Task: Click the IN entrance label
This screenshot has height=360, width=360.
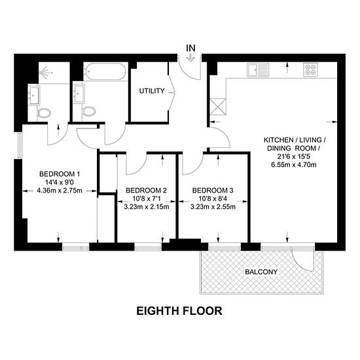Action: [x=190, y=48]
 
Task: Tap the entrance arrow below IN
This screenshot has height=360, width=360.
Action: [x=190, y=58]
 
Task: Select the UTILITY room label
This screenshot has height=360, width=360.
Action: [x=152, y=91]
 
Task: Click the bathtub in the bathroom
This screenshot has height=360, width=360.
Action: [x=105, y=71]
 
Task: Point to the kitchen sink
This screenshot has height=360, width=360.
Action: [x=258, y=70]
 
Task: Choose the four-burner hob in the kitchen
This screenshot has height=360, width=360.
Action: [x=310, y=70]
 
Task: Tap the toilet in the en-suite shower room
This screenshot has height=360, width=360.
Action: [x=44, y=113]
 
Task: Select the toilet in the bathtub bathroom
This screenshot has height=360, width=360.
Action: [x=89, y=111]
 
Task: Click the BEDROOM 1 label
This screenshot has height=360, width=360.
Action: [x=60, y=174]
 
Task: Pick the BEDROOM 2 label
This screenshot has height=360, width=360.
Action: [x=146, y=190]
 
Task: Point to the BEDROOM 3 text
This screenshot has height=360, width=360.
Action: [x=213, y=190]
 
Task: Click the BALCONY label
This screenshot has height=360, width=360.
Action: [x=261, y=272]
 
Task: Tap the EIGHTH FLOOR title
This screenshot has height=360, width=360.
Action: [x=179, y=311]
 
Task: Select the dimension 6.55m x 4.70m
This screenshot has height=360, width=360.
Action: [x=294, y=164]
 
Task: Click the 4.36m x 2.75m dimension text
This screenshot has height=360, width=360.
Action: [x=60, y=190]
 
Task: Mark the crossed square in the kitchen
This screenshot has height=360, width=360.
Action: [x=218, y=107]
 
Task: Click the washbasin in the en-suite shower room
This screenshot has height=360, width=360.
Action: [x=34, y=95]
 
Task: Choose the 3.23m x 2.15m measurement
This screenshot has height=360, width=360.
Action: [x=147, y=207]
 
